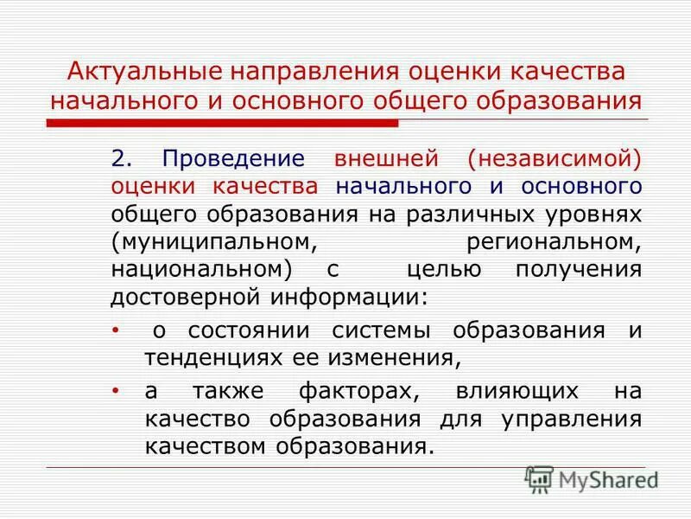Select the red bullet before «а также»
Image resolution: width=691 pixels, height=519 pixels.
[116, 391]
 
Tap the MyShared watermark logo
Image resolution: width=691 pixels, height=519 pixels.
[593, 478]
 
